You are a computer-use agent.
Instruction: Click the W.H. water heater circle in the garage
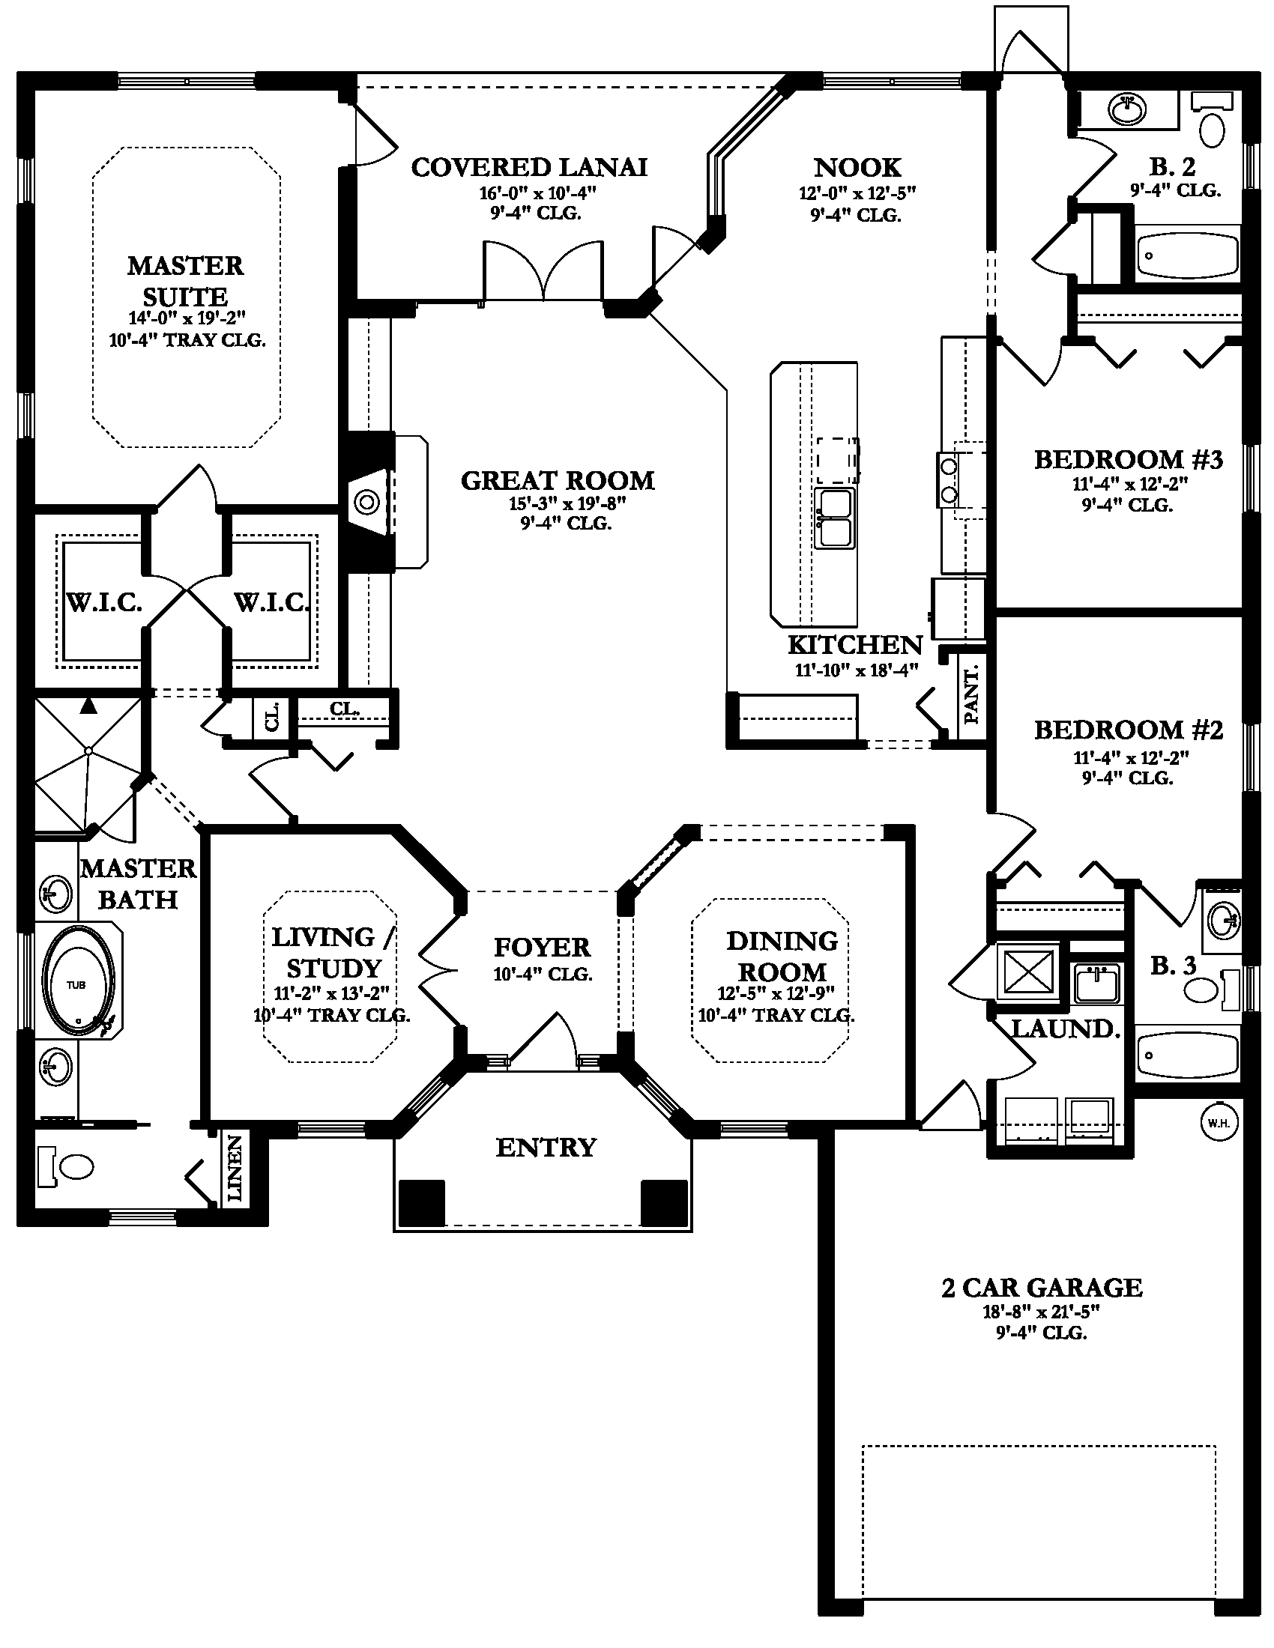[1219, 1123]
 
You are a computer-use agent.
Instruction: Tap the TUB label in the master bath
[76, 985]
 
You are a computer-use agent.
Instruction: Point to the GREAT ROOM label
[558, 480]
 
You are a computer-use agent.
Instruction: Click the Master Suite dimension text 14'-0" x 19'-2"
[188, 318]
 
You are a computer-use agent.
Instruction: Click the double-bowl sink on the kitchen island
[835, 518]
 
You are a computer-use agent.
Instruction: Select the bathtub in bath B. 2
[1187, 255]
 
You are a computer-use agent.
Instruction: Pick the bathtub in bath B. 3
[1187, 1054]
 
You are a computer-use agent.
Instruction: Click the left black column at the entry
[422, 1202]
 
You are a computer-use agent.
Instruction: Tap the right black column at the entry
[664, 1202]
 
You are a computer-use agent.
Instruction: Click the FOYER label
[542, 947]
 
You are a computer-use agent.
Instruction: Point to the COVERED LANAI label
[529, 167]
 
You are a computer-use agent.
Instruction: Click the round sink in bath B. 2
[1129, 110]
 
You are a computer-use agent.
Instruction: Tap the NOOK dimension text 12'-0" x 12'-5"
[857, 193]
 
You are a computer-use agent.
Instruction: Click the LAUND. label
[1066, 1029]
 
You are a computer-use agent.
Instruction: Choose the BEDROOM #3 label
[1129, 459]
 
